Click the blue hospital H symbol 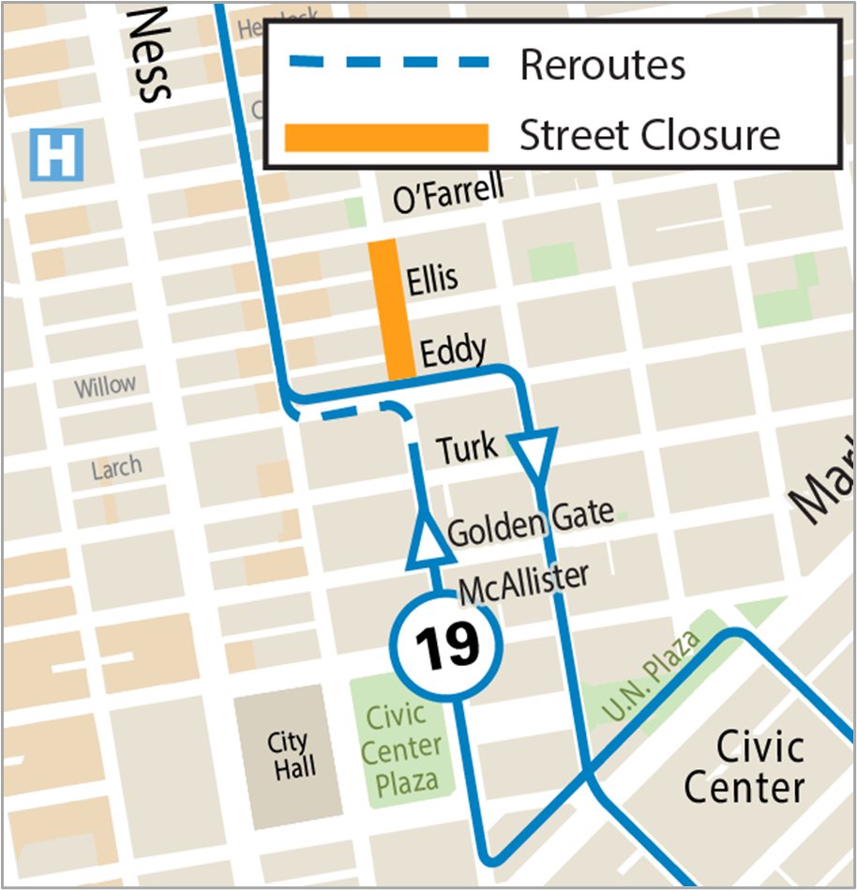pyautogui.click(x=57, y=155)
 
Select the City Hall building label pyautogui.click(x=289, y=755)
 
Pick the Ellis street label pyautogui.click(x=432, y=278)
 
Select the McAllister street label pyautogui.click(x=524, y=582)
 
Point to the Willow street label pyautogui.click(x=105, y=385)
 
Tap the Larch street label pyautogui.click(x=117, y=467)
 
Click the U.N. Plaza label pyautogui.click(x=653, y=676)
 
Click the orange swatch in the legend pyautogui.click(x=387, y=137)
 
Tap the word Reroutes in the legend pyautogui.click(x=603, y=64)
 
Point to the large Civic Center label pyautogui.click(x=744, y=767)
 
